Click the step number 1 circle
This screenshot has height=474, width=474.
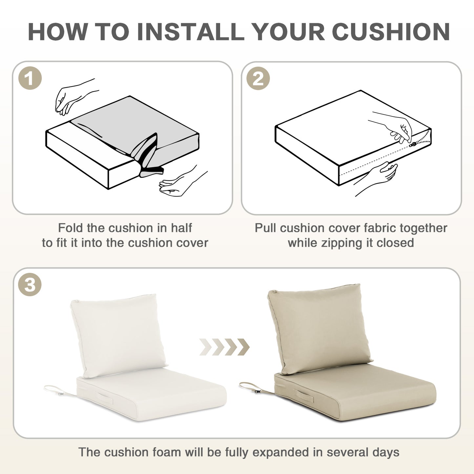pyautogui.click(x=30, y=78)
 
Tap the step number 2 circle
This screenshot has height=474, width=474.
pyautogui.click(x=258, y=78)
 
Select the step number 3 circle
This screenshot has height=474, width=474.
pyautogui.click(x=30, y=285)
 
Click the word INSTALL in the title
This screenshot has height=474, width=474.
pyautogui.click(x=190, y=32)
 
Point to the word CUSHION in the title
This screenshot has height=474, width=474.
pyautogui.click(x=391, y=32)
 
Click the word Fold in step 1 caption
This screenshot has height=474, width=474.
pyautogui.click(x=71, y=228)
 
